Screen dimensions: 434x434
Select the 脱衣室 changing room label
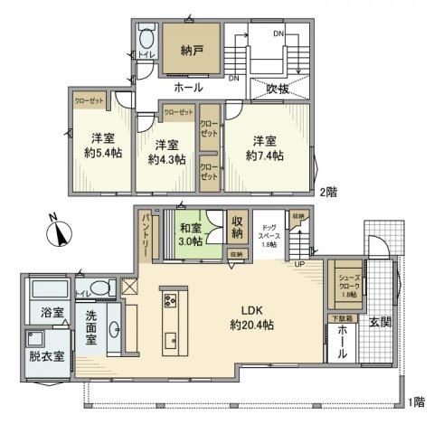46,356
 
